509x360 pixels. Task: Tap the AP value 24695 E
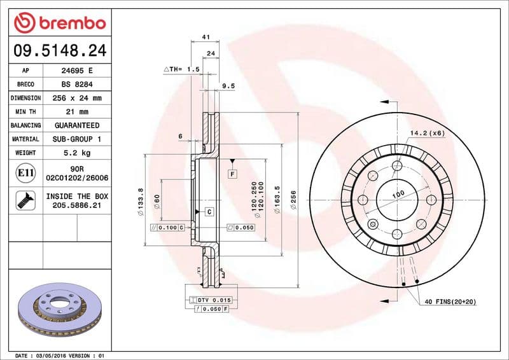(x=76, y=71)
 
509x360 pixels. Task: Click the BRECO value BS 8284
(x=76, y=84)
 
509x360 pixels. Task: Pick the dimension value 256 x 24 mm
(x=76, y=98)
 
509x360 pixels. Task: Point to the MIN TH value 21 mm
(x=76, y=112)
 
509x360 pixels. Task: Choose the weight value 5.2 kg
(x=76, y=153)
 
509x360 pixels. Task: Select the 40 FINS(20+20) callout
(x=451, y=301)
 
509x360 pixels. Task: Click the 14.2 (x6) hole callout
(x=427, y=133)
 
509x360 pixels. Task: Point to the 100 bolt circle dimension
(x=398, y=194)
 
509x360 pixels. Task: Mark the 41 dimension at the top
(x=206, y=38)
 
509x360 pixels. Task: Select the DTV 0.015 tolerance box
(x=214, y=299)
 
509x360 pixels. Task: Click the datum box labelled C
(x=208, y=211)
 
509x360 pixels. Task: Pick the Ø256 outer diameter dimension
(x=294, y=200)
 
